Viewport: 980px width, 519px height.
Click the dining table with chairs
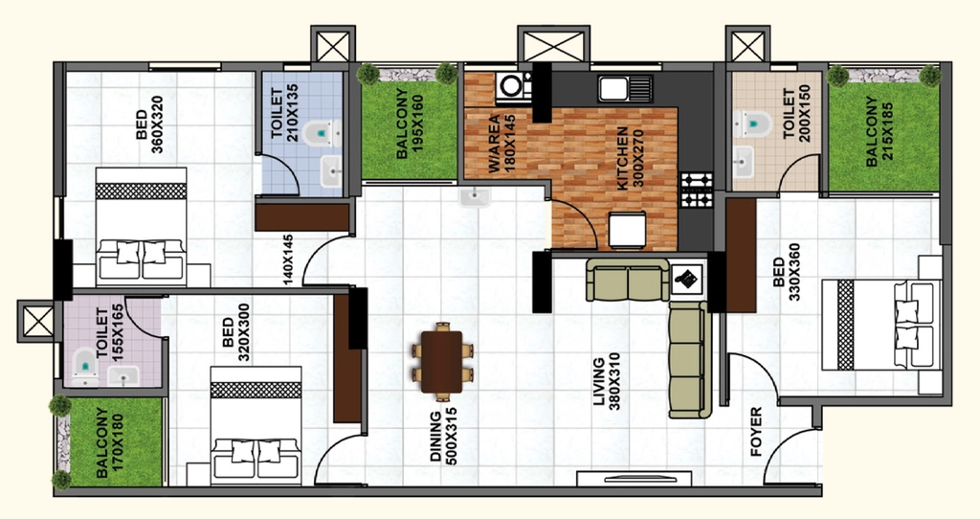(x=442, y=362)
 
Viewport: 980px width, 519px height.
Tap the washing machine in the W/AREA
(x=514, y=87)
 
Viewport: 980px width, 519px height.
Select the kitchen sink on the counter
(x=626, y=88)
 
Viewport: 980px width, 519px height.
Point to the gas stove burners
(x=697, y=191)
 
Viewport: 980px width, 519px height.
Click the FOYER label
(x=756, y=431)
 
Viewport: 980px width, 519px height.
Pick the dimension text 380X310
(x=615, y=381)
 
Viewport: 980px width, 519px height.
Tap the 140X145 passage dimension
(x=287, y=260)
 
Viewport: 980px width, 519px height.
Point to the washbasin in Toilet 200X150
(x=743, y=162)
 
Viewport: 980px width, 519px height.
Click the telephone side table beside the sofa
(x=687, y=278)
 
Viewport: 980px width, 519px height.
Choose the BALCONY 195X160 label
(x=410, y=124)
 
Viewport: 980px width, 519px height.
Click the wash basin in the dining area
(x=475, y=197)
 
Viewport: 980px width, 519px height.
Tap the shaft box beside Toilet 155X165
(x=36, y=322)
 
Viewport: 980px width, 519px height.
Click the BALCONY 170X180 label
(x=110, y=443)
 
